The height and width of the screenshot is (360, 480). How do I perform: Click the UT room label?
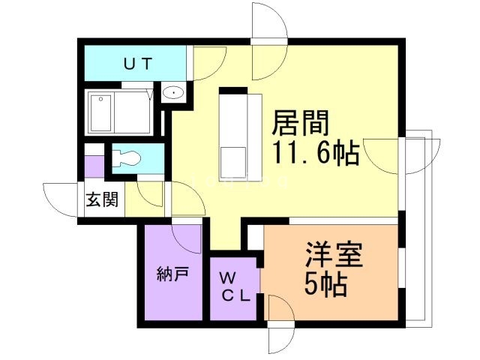tap(138, 64)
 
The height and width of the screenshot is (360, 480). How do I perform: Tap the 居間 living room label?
tap(300, 123)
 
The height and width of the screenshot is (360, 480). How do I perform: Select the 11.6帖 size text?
tap(315, 152)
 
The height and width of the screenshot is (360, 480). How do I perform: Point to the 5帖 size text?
tap(325, 284)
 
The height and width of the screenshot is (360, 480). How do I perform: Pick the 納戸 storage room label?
tap(172, 274)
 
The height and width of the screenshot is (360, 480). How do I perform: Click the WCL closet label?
tap(235, 287)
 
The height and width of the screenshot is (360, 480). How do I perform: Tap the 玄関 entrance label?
tap(102, 200)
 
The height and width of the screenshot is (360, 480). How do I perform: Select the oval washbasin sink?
tap(172, 91)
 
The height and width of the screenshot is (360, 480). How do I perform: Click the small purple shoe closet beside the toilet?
tap(94, 166)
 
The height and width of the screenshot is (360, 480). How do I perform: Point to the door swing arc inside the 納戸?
tap(186, 239)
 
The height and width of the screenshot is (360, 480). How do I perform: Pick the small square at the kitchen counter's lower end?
tap(233, 162)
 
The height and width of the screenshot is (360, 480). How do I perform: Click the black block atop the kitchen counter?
tap(233, 91)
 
